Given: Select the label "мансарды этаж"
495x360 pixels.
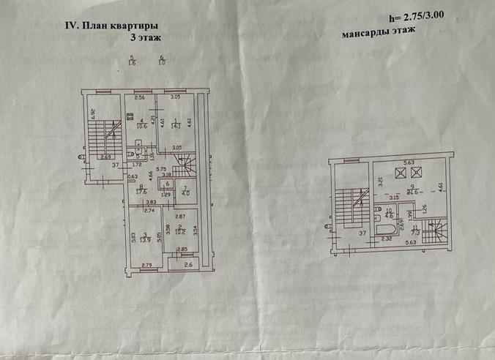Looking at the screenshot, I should pos(378,33).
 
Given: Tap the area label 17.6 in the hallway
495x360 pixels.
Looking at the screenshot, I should pos(141,193).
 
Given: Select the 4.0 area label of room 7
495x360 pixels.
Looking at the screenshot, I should pos(185,193).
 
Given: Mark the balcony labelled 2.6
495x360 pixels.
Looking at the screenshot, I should pos(189,264).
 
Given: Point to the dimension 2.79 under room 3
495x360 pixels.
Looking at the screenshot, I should pos(146,264).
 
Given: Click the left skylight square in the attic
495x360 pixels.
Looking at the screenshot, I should pos(400,173).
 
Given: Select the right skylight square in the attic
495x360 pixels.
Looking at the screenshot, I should pos(417,173).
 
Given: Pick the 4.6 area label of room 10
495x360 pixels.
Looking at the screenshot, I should pos(390,216).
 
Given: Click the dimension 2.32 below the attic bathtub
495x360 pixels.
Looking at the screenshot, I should pos(388,239).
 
